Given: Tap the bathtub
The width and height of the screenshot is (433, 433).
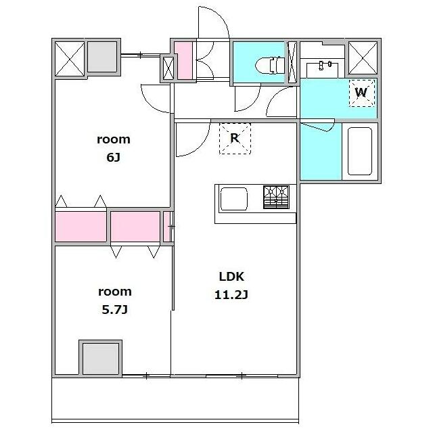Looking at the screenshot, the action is pos(359,151).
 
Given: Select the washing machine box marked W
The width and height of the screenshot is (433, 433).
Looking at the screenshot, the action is pos(362,93).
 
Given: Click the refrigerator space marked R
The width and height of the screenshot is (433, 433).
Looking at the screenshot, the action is pos(235,138).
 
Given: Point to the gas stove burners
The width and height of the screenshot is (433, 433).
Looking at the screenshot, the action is pos(276,197).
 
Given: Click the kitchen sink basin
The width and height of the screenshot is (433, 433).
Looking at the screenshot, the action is pos(233,199).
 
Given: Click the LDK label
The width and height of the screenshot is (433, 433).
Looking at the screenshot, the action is pos(231,277).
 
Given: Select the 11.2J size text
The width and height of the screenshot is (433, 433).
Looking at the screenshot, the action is pos(231,295).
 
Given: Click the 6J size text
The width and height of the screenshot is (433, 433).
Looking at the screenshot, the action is pos(114,158).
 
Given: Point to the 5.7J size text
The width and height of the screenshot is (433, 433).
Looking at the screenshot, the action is pos(114,310).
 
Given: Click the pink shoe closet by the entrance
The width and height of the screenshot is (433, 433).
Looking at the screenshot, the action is pos(184,60).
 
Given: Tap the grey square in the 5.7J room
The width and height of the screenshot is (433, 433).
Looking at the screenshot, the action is pos(101,359).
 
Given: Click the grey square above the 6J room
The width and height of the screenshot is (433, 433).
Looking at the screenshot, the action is pos(102,57).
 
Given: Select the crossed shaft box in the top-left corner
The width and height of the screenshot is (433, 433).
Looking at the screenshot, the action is pos(70,58).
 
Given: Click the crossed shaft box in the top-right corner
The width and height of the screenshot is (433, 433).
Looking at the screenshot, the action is pos(363,58).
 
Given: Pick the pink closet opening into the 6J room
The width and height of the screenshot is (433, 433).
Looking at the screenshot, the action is pos(81,226).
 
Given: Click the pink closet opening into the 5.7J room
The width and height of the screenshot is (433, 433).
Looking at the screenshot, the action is pos(135,226).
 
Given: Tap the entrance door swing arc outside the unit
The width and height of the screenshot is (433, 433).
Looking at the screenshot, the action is pos(214,22).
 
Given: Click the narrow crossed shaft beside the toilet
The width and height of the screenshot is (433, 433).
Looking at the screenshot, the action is pos(292,62).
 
